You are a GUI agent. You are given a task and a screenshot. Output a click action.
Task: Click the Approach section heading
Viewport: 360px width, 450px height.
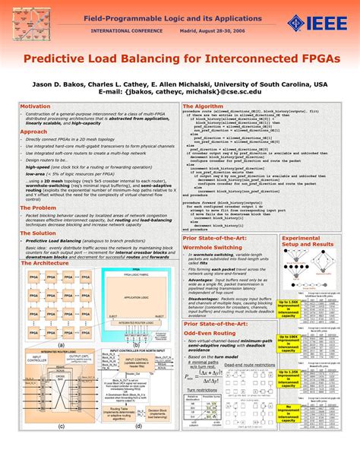point(33,132)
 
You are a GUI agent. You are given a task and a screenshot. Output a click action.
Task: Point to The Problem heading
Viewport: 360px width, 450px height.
point(38,208)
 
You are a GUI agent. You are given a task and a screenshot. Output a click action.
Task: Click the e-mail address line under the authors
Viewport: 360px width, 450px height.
point(180,91)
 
